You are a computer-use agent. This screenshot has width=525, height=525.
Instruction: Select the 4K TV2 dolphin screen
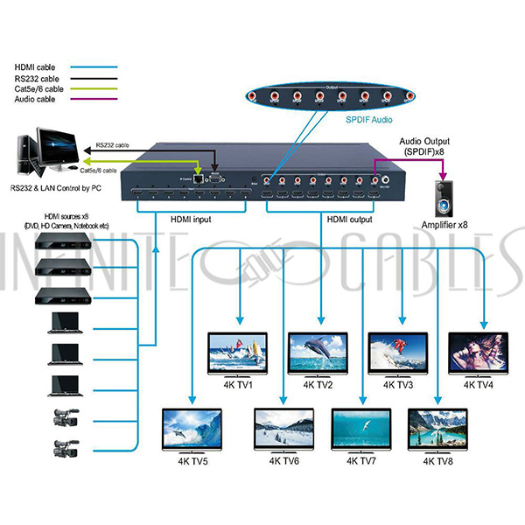point(320,352)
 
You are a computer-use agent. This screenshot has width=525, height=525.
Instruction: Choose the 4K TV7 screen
point(361,429)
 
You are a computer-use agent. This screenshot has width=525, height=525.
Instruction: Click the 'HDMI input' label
point(191,221)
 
